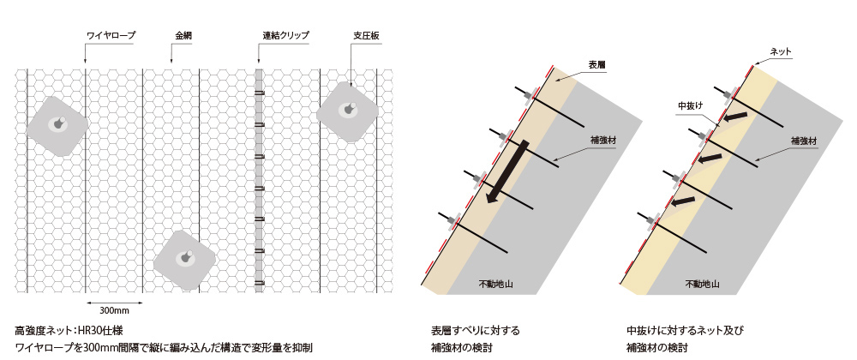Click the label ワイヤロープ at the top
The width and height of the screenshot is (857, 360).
(x=111, y=36)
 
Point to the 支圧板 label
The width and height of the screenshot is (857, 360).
(x=366, y=36)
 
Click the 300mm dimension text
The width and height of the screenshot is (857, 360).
(x=114, y=311)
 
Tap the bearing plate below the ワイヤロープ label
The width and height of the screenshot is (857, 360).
(x=57, y=126)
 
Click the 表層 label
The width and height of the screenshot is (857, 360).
(x=596, y=65)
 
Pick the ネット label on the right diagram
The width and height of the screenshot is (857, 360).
(x=780, y=52)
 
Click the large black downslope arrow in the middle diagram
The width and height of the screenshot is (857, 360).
(x=508, y=171)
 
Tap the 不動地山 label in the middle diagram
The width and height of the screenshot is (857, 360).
(x=495, y=284)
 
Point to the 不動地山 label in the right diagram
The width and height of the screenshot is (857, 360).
(x=703, y=284)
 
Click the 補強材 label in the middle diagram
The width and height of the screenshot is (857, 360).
(x=603, y=141)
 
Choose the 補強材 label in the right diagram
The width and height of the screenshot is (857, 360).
(x=804, y=141)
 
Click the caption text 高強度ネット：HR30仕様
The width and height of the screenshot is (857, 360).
(x=69, y=331)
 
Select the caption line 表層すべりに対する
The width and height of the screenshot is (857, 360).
(x=475, y=331)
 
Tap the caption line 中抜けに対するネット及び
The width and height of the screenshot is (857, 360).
(x=685, y=331)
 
